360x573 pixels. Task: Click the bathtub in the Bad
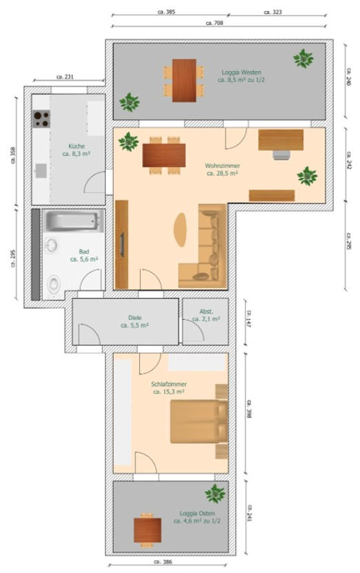click(x=74, y=221)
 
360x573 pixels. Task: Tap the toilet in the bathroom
click(x=54, y=285)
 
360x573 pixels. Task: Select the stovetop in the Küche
click(x=41, y=119)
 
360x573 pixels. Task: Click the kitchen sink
click(x=41, y=170)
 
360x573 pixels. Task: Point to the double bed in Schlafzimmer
click(x=199, y=421)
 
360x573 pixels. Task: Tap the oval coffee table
click(x=180, y=230)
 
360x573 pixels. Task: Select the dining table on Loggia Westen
click(x=184, y=81)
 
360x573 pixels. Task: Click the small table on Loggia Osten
click(x=148, y=530)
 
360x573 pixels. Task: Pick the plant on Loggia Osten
click(x=215, y=494)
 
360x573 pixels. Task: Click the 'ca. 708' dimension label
click(x=214, y=23)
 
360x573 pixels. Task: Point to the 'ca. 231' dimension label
click(x=65, y=77)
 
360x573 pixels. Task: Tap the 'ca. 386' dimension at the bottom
click(x=163, y=562)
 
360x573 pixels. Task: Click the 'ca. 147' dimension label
click(x=249, y=319)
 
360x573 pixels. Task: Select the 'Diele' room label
click(x=135, y=318)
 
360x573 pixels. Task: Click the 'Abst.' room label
click(x=206, y=312)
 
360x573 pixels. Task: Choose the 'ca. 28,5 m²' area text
click(x=223, y=173)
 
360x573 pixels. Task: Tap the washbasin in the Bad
click(x=52, y=245)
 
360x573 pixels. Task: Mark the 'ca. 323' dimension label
click(x=272, y=12)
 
